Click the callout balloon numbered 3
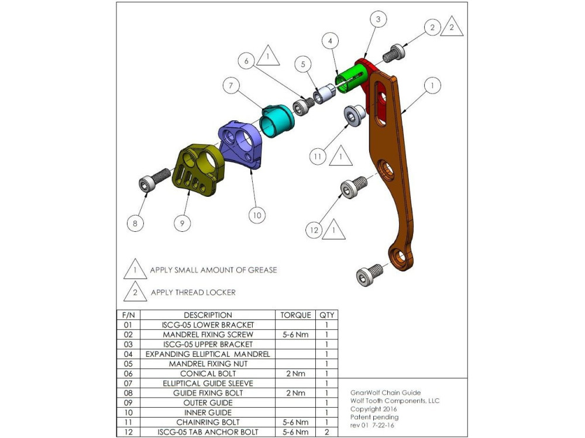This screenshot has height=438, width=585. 378,20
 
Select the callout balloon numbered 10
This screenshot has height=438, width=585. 256,215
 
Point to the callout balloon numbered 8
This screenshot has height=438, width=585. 136,222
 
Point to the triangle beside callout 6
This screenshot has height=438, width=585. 267,55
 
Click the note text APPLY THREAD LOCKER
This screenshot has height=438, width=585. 193,292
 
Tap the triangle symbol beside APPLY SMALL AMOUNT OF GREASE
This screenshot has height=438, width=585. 135,270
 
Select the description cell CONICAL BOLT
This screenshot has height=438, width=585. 208,374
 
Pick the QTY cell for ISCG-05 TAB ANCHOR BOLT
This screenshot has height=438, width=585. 327,432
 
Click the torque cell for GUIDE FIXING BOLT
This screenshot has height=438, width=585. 295,393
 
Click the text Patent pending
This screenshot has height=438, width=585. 374,417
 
